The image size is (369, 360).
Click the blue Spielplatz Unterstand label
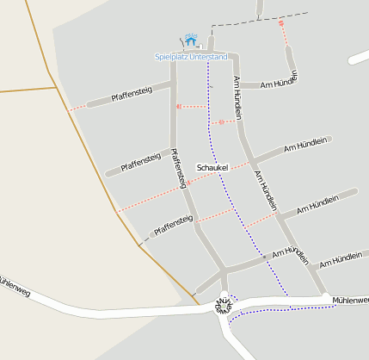pyautogui.click(x=190, y=57)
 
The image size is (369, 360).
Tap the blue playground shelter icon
pyautogui.click(x=190, y=40)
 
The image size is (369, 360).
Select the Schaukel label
pyautogui.click(x=212, y=167)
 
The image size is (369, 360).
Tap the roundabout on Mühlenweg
pyautogui.click(x=224, y=305)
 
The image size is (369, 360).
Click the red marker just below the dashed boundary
pyautogui.click(x=280, y=24)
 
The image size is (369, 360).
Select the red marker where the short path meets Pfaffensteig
pyautogui.click(x=178, y=107)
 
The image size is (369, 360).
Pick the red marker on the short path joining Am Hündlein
pyautogui.click(x=221, y=122)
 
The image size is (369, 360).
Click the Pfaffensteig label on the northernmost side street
pyautogui.click(x=131, y=92)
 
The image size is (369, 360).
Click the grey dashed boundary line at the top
pyautogui.click(x=258, y=18)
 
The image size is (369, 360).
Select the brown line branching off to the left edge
pyautogui.click(x=26, y=90)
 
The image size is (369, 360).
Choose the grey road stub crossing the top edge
pyautogui.click(x=259, y=7)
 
